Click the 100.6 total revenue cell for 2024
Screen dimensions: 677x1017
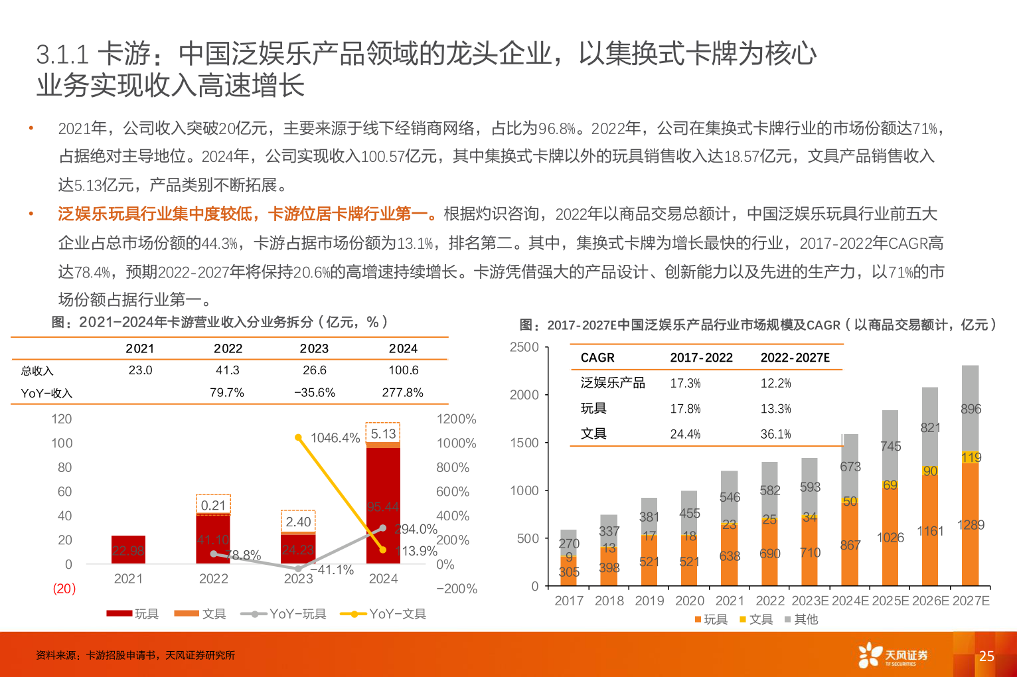coord(403,370)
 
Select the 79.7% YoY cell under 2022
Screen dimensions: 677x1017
coord(227,393)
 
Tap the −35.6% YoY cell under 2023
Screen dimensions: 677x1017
coord(315,393)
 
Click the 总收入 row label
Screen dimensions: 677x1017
coord(37,371)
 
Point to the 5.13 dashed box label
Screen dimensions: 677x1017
coord(383,433)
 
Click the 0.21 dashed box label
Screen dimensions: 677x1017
coord(213,505)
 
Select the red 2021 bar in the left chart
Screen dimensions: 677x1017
coord(128,550)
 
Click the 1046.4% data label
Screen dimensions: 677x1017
coord(335,438)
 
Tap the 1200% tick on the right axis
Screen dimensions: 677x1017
coord(457,419)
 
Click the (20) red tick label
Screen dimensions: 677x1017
coord(64,589)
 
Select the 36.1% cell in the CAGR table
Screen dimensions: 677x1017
coord(775,434)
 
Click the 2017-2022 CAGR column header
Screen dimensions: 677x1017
coord(701,358)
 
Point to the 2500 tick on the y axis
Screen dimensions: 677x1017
coord(524,347)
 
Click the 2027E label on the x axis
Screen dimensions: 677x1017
coord(971,601)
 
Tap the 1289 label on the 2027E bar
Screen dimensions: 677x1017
coord(971,525)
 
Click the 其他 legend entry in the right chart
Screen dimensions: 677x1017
coord(801,619)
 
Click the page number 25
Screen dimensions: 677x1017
coord(986,656)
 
